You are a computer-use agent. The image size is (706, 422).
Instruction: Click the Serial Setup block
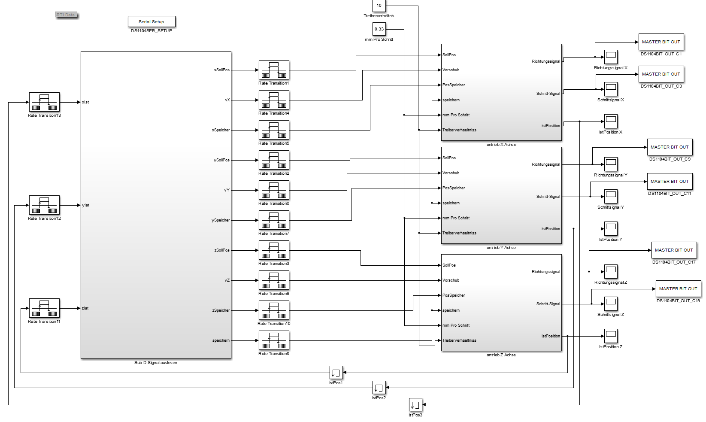(x=152, y=21)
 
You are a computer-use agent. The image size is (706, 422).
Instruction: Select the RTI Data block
(x=66, y=15)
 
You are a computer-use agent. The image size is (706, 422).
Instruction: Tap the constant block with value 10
(x=379, y=6)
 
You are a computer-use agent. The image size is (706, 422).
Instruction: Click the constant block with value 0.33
(x=379, y=29)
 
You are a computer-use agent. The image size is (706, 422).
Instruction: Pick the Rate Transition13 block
(x=44, y=102)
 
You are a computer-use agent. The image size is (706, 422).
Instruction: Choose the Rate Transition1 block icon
(x=274, y=70)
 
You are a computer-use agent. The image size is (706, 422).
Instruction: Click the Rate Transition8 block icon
(x=274, y=340)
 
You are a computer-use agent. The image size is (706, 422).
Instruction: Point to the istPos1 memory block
(x=336, y=373)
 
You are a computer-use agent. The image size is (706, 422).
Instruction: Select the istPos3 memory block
(x=415, y=405)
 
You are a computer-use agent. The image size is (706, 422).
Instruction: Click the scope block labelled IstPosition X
(x=611, y=121)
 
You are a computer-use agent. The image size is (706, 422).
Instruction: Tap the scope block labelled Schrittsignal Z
(x=611, y=304)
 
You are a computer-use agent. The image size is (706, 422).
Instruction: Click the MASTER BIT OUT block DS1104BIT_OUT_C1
(x=661, y=42)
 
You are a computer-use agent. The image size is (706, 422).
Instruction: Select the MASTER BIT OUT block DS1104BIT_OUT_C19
(x=678, y=289)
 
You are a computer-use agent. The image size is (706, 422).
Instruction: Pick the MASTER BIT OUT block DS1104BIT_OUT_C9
(x=670, y=147)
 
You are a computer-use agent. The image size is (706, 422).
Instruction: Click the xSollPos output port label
(x=221, y=70)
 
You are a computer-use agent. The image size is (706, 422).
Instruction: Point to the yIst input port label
(x=86, y=205)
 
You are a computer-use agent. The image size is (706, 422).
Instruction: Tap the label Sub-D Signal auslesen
(x=156, y=363)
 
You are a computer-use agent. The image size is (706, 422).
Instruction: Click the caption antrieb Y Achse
(x=501, y=248)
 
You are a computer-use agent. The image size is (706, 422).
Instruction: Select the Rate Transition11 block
(x=44, y=308)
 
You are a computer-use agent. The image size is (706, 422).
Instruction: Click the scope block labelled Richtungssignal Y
(x=611, y=164)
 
